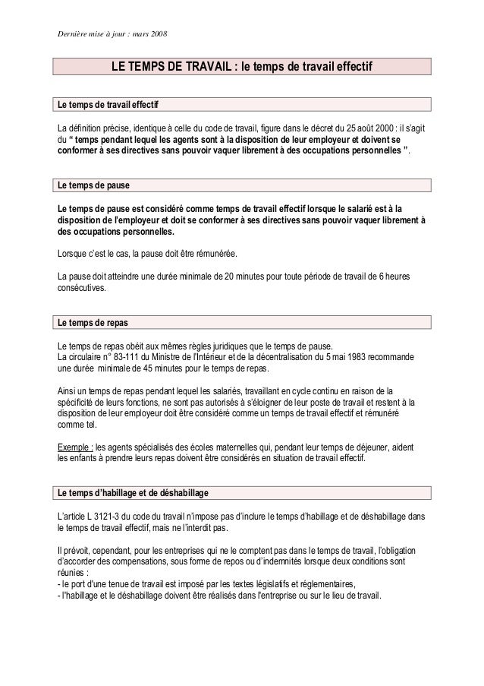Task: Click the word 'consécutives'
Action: click(82, 289)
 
